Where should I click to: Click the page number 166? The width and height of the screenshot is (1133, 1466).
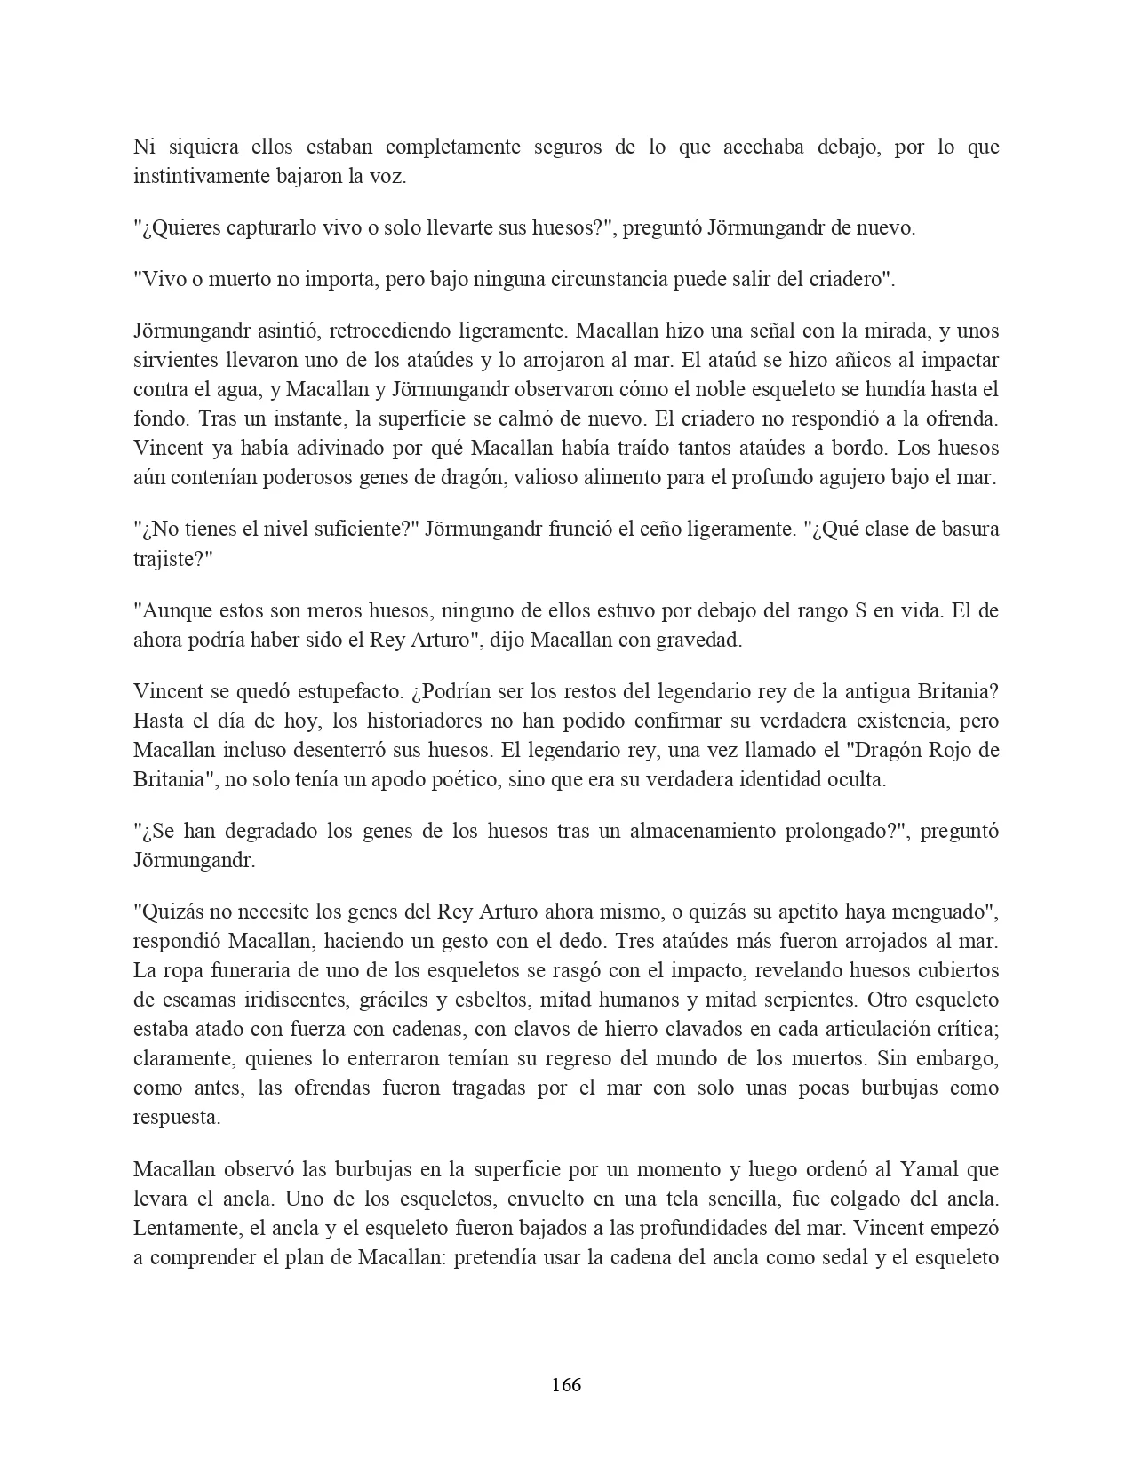(566, 1384)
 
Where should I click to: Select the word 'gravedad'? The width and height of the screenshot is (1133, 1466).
(700, 640)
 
